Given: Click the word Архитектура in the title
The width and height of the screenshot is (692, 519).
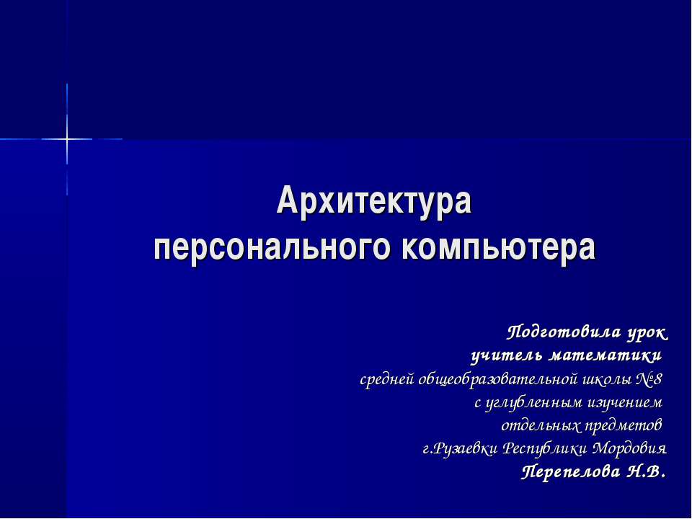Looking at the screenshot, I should (x=374, y=202).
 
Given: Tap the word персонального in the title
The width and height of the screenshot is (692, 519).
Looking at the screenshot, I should (x=272, y=249).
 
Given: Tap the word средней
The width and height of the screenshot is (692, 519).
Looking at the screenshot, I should (x=387, y=379).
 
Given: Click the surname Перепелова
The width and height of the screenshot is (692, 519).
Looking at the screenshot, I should (x=571, y=472).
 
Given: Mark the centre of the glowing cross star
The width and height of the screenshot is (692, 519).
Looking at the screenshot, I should (x=67, y=138).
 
